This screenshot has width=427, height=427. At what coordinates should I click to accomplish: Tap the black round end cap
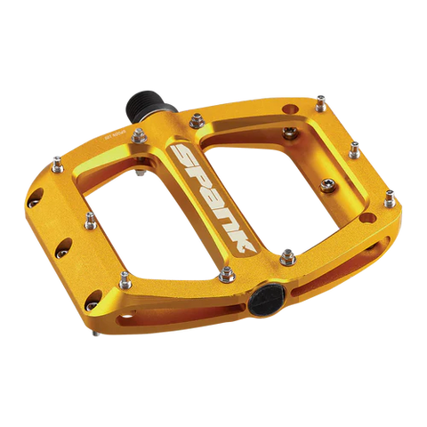click(x=265, y=300)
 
